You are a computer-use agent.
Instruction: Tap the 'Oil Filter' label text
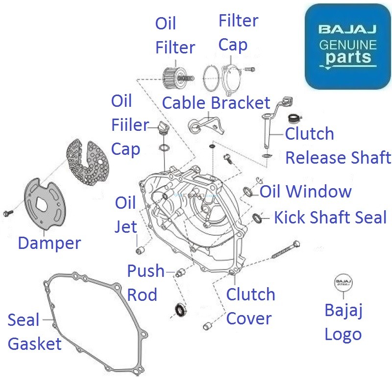coord(175,36)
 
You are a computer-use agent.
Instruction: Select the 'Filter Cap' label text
coord(238,33)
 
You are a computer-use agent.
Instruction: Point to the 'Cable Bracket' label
coord(216,103)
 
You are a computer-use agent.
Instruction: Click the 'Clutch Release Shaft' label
coord(338,146)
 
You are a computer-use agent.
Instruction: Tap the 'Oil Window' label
coord(305,191)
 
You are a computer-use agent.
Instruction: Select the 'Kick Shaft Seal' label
coord(330,217)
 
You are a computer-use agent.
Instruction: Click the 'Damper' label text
coord(49,243)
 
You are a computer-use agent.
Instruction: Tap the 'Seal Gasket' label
coord(34,332)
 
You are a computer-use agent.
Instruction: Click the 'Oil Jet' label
coord(125,214)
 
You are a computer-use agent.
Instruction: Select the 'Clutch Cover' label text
coord(250,307)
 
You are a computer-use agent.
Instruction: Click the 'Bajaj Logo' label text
coord(343,322)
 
